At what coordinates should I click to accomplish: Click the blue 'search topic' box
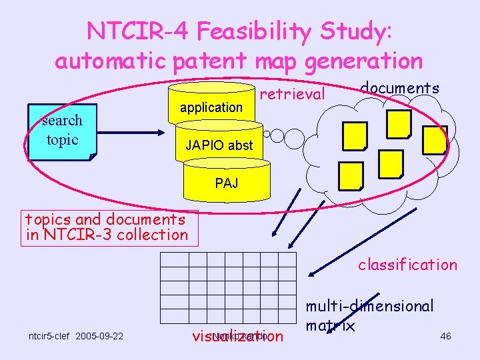click(62, 131)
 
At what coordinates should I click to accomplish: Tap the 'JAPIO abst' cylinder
click(219, 145)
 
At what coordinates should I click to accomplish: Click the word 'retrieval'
click(292, 95)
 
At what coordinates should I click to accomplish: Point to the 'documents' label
click(399, 88)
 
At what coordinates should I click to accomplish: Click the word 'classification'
click(407, 265)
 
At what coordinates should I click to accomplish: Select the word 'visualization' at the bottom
click(237, 336)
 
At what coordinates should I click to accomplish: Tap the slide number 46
click(445, 336)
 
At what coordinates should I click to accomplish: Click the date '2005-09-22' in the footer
click(99, 335)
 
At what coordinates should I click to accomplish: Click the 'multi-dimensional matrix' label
click(369, 315)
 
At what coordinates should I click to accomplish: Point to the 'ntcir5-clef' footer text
click(49, 335)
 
